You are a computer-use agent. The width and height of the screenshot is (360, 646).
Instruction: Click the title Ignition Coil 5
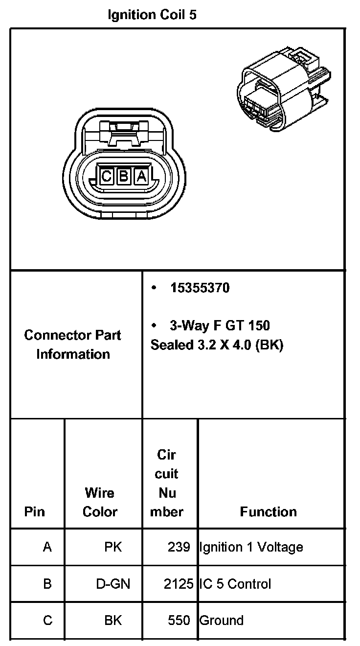(x=152, y=15)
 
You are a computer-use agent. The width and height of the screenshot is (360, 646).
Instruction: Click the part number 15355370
(x=200, y=288)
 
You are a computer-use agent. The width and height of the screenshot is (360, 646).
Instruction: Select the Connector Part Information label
(x=73, y=345)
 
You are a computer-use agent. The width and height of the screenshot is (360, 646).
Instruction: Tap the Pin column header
(x=34, y=512)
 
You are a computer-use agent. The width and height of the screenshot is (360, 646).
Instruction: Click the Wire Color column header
(x=100, y=502)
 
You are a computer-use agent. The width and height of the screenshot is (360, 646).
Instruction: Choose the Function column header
(x=268, y=512)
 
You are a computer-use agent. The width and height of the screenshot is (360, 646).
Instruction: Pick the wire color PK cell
(x=113, y=547)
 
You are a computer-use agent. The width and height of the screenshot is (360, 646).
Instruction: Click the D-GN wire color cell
(x=113, y=584)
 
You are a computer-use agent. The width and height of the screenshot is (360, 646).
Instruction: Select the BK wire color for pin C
(x=113, y=621)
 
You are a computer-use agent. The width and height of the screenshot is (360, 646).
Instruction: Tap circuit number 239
(x=179, y=547)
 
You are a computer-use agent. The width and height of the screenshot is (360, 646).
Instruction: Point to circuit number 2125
(x=179, y=584)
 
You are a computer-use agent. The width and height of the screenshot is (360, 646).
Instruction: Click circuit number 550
(x=179, y=621)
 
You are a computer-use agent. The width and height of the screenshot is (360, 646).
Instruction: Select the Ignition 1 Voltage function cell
(x=251, y=547)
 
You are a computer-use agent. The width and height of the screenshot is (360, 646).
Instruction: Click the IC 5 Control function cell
(x=235, y=584)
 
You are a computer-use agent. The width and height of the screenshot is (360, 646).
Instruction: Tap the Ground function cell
(x=221, y=621)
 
